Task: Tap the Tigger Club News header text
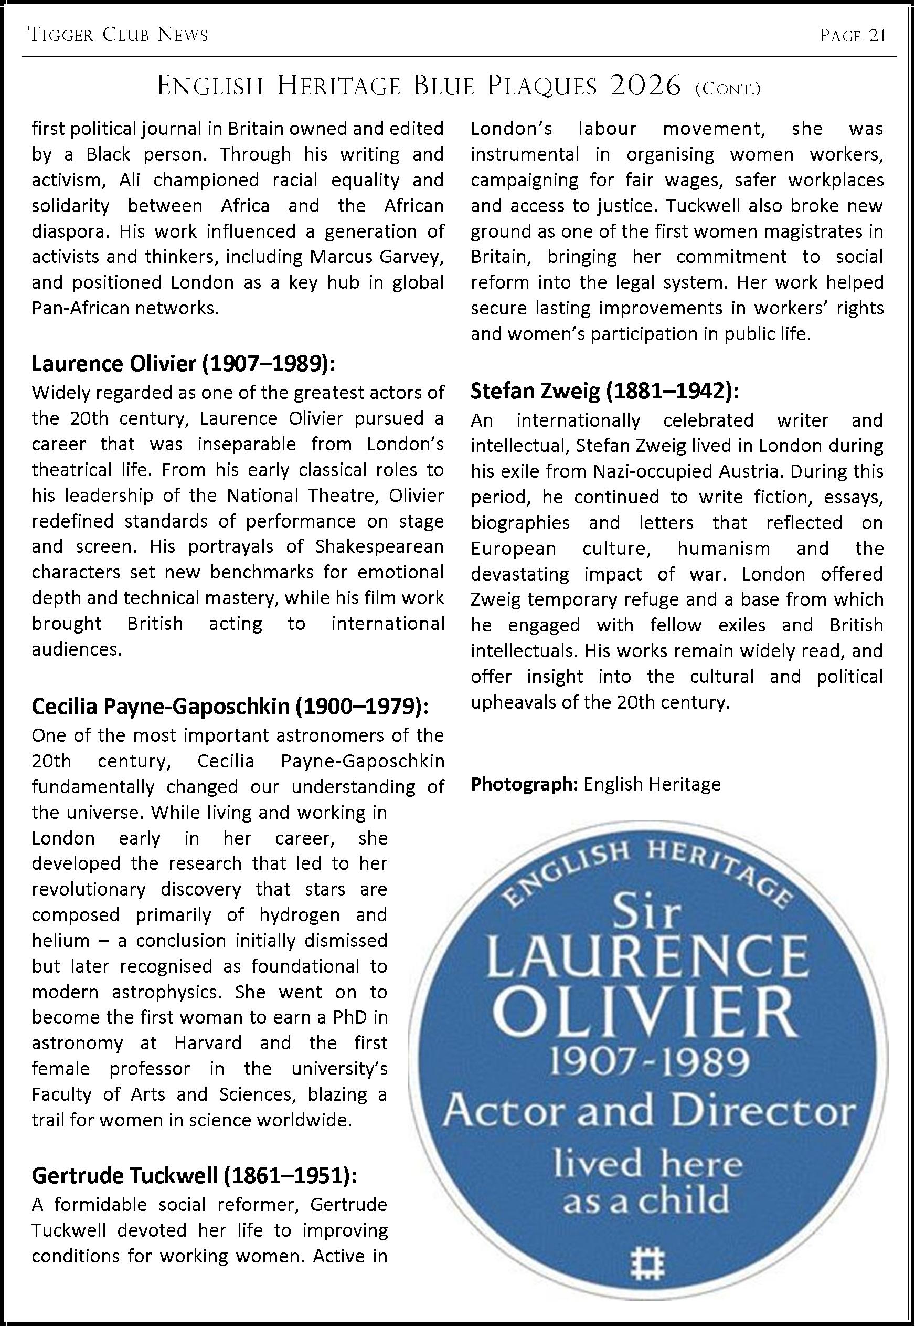point(118,36)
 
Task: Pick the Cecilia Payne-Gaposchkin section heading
point(230,706)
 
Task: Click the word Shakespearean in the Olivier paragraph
point(379,546)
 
